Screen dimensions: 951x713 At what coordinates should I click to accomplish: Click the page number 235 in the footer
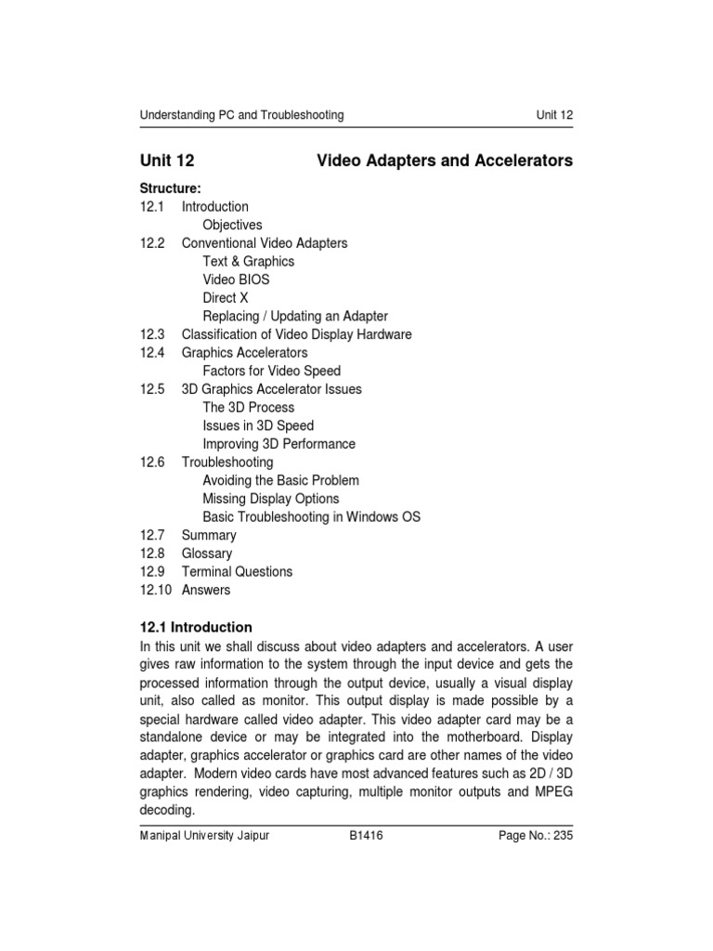563,836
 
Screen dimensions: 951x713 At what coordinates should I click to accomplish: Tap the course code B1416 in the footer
366,836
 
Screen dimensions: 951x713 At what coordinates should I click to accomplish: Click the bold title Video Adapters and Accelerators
445,162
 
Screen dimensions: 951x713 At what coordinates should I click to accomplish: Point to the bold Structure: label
170,189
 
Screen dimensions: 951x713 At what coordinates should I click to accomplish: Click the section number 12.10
157,590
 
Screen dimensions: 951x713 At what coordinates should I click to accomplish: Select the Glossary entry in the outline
207,554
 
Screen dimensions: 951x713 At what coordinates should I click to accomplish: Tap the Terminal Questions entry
237,572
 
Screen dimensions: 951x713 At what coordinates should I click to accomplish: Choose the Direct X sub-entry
226,298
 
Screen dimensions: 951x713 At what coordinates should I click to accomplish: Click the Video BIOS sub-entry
237,280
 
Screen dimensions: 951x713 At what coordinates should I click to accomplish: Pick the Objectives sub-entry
232,225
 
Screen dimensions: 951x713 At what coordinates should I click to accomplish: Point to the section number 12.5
153,389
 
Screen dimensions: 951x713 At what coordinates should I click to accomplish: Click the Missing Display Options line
271,499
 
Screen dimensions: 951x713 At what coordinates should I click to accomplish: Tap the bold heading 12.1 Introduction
196,627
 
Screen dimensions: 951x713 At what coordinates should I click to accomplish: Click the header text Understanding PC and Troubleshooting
241,115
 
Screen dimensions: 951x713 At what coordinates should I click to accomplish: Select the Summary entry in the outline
209,535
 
